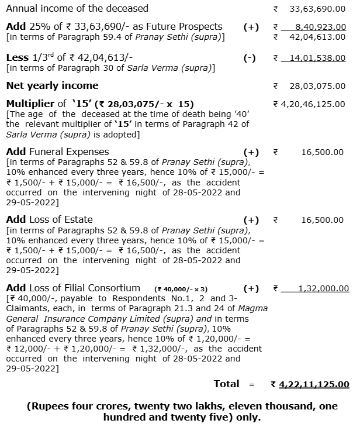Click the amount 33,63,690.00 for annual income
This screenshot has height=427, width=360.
[x=317, y=9]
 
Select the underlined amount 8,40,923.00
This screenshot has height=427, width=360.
[x=317, y=27]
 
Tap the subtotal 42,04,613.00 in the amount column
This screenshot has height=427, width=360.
[x=317, y=37]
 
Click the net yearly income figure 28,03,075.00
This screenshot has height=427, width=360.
[x=317, y=86]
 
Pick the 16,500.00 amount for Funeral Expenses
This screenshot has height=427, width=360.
[x=323, y=152]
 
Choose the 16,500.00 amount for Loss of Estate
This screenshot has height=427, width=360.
[x=323, y=220]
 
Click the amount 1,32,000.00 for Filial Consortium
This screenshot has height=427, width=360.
[x=323, y=288]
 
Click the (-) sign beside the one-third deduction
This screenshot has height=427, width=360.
[x=250, y=58]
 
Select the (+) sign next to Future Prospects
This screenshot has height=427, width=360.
[x=251, y=27]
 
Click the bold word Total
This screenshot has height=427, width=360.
[x=227, y=384]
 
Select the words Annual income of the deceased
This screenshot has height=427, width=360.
[x=77, y=9]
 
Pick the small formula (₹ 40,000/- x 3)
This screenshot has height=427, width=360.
[x=181, y=289]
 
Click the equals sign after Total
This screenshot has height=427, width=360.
[x=252, y=384]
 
